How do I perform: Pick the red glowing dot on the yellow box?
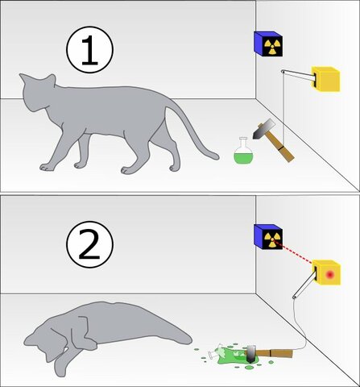(x=329, y=276)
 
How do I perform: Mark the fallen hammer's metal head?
(x=250, y=352)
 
